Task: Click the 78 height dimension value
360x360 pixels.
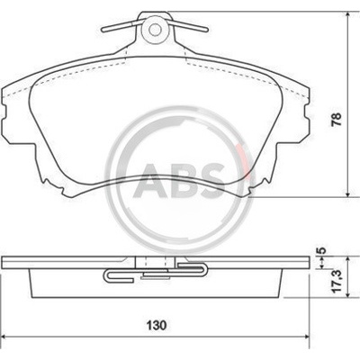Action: tap(337, 119)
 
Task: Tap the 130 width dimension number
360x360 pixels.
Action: tap(157, 325)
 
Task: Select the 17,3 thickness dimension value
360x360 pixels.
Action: tap(337, 281)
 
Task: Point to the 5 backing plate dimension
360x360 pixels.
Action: tap(321, 250)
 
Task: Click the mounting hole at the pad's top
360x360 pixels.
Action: tap(155, 29)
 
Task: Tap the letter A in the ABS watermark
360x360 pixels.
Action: tap(148, 180)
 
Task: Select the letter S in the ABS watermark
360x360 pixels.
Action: tap(211, 180)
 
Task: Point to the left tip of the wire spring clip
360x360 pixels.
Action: tap(103, 30)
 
